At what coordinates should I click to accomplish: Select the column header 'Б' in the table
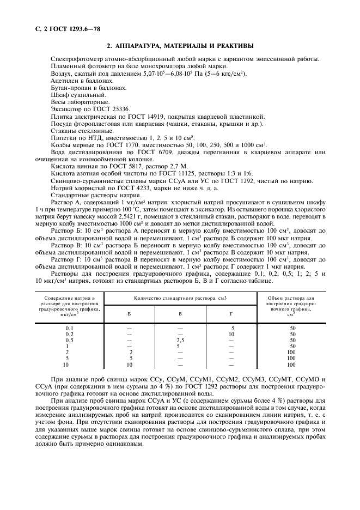pyautogui.click(x=129, y=314)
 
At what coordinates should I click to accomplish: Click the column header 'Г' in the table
pyautogui.click(x=231, y=314)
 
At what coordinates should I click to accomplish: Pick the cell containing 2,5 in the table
pyautogui.click(x=180, y=341)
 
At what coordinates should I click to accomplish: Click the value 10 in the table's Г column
pyautogui.click(x=231, y=334)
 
